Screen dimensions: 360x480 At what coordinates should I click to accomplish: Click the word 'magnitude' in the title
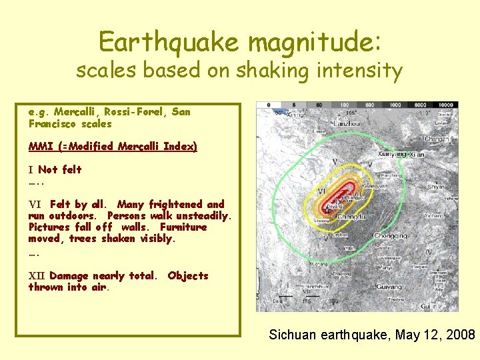[313, 43]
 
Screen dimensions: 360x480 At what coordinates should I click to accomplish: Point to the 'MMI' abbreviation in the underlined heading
[40, 146]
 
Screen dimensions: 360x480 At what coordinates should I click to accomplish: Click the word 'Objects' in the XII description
[188, 276]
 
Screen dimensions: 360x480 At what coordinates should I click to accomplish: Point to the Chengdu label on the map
[351, 217]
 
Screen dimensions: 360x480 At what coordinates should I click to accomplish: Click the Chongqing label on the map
[391, 235]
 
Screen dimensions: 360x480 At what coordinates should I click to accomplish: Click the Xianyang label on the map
[393, 154]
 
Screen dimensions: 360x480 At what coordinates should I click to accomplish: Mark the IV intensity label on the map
[429, 251]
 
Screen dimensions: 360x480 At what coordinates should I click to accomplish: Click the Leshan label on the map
[340, 235]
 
